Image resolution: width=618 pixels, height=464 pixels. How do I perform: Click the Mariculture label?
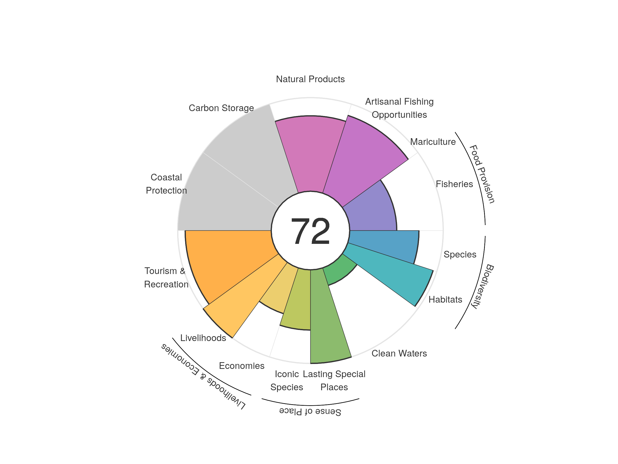[433, 142]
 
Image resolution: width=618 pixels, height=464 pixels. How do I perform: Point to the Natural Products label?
[310, 79]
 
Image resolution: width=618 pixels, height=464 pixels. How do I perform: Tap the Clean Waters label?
[399, 353]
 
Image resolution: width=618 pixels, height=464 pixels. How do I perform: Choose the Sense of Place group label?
[310, 411]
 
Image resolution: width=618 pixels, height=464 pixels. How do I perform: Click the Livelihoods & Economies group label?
[203, 376]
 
